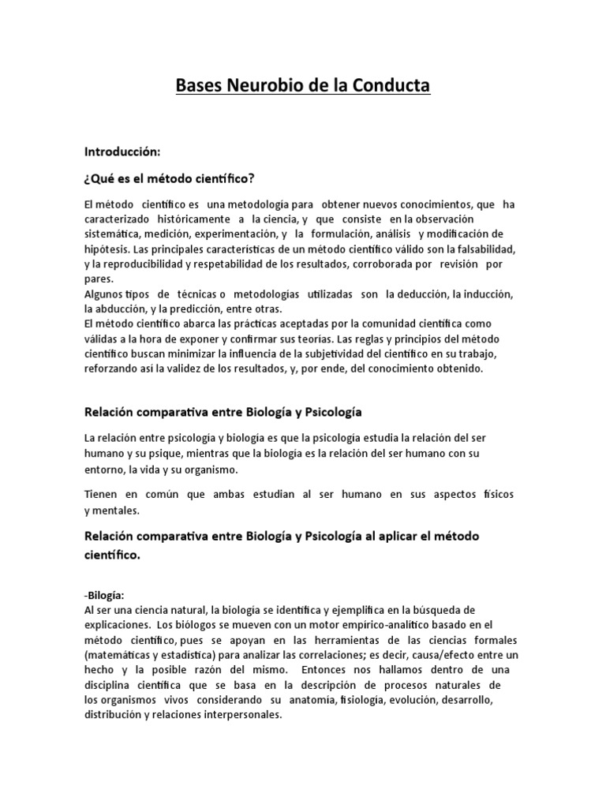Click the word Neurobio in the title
(273, 85)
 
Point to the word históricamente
(190, 219)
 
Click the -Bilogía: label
(103, 596)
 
